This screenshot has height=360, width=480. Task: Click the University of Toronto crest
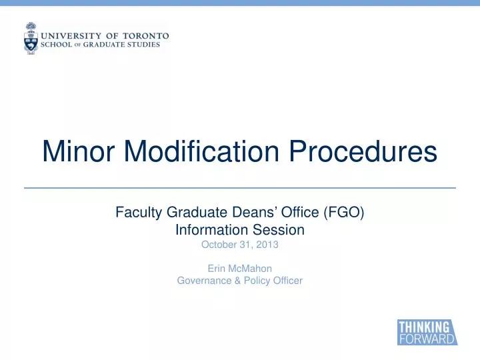pos(31,38)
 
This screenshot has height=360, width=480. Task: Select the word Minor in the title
pos(71,152)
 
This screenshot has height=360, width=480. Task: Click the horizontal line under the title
pos(240,188)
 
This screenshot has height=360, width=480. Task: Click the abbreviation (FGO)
pos(343,213)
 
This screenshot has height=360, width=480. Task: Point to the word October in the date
pos(219,245)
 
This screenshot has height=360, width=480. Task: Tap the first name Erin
pos(216,269)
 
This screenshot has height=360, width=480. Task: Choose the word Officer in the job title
pos(287,281)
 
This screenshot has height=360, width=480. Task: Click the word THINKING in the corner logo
pos(423,327)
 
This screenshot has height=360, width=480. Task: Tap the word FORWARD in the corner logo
pos(427,339)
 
